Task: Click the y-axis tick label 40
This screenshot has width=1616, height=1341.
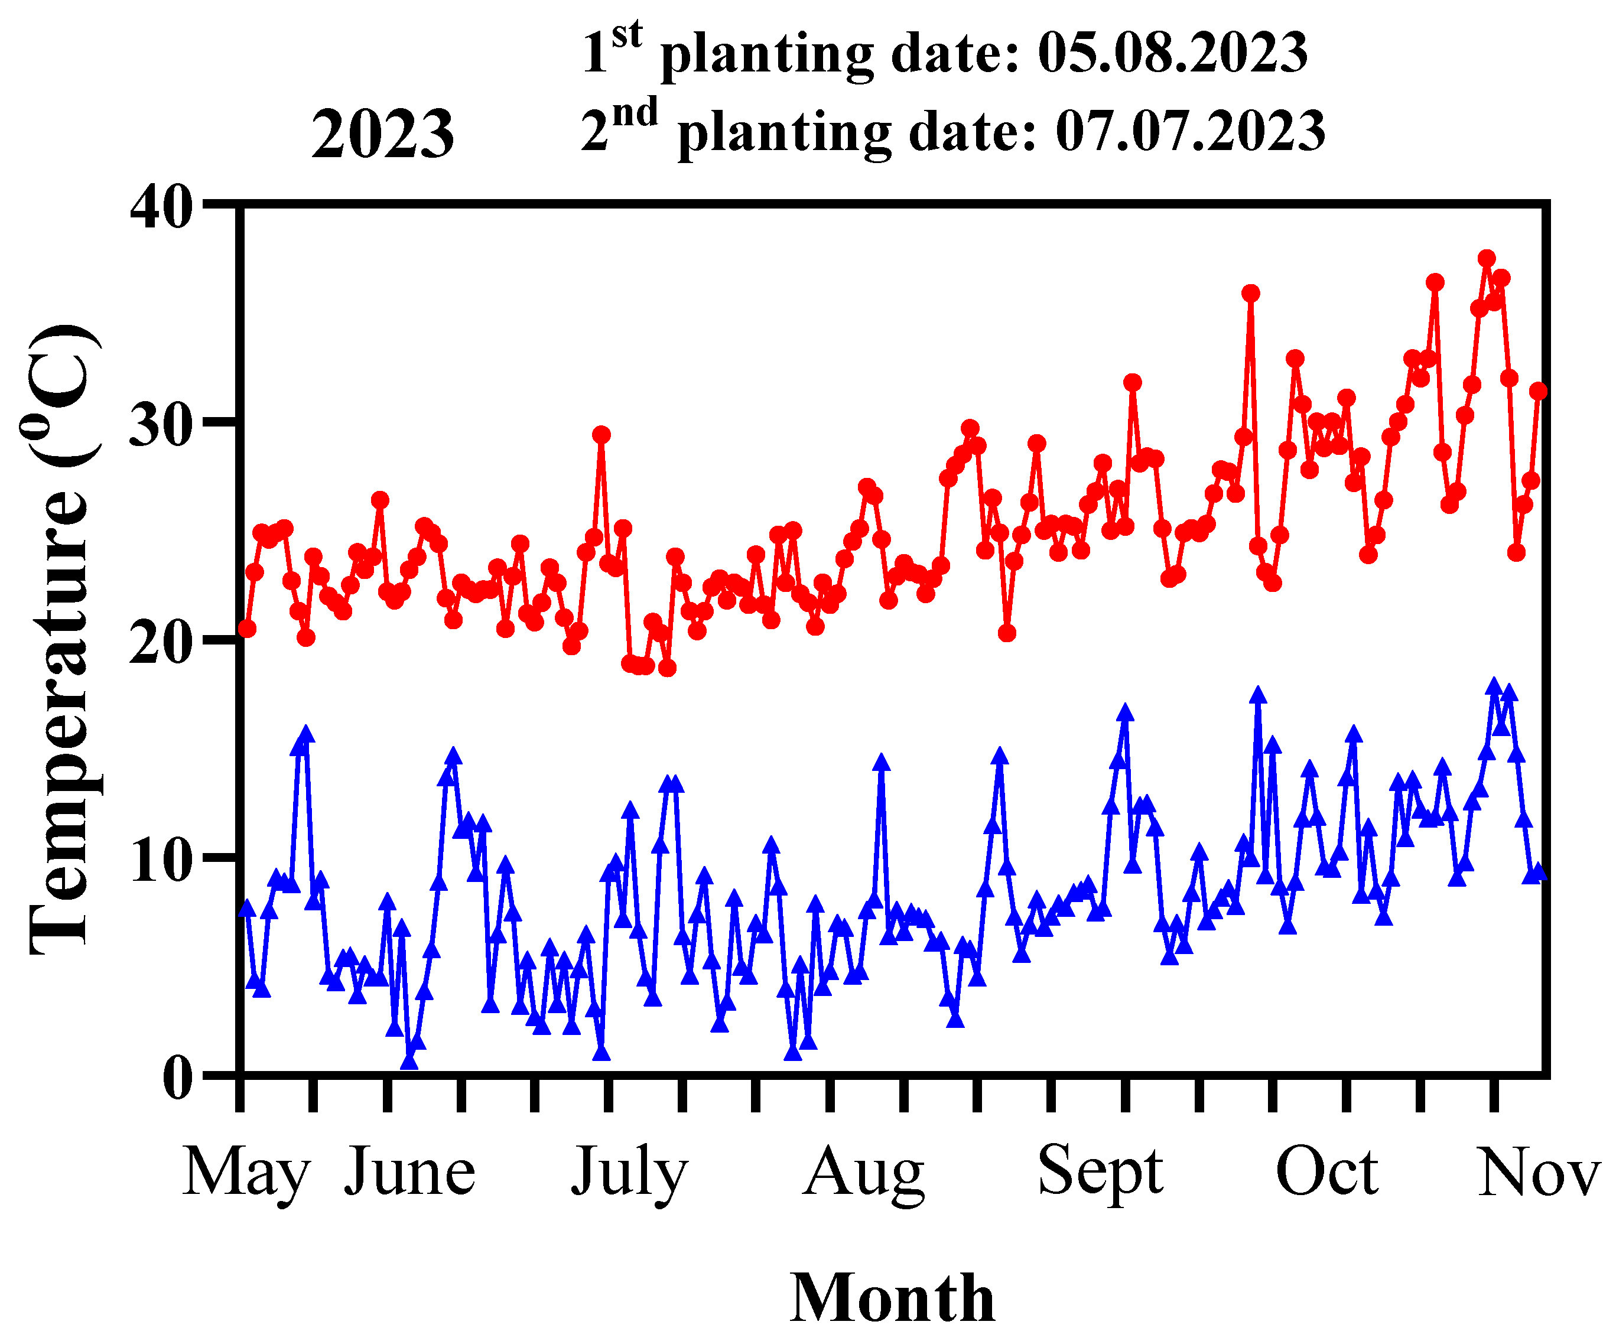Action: pos(160,208)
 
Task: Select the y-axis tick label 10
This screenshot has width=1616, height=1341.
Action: pos(160,860)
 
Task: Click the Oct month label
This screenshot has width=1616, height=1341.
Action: pos(1326,1171)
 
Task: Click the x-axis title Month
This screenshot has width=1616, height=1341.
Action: pos(893,1298)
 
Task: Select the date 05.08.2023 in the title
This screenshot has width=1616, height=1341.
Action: pos(1172,53)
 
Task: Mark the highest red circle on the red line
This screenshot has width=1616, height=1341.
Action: pos(1487,259)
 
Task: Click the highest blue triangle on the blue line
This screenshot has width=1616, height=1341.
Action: pos(1494,687)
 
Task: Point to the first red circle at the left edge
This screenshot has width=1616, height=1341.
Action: pos(247,629)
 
